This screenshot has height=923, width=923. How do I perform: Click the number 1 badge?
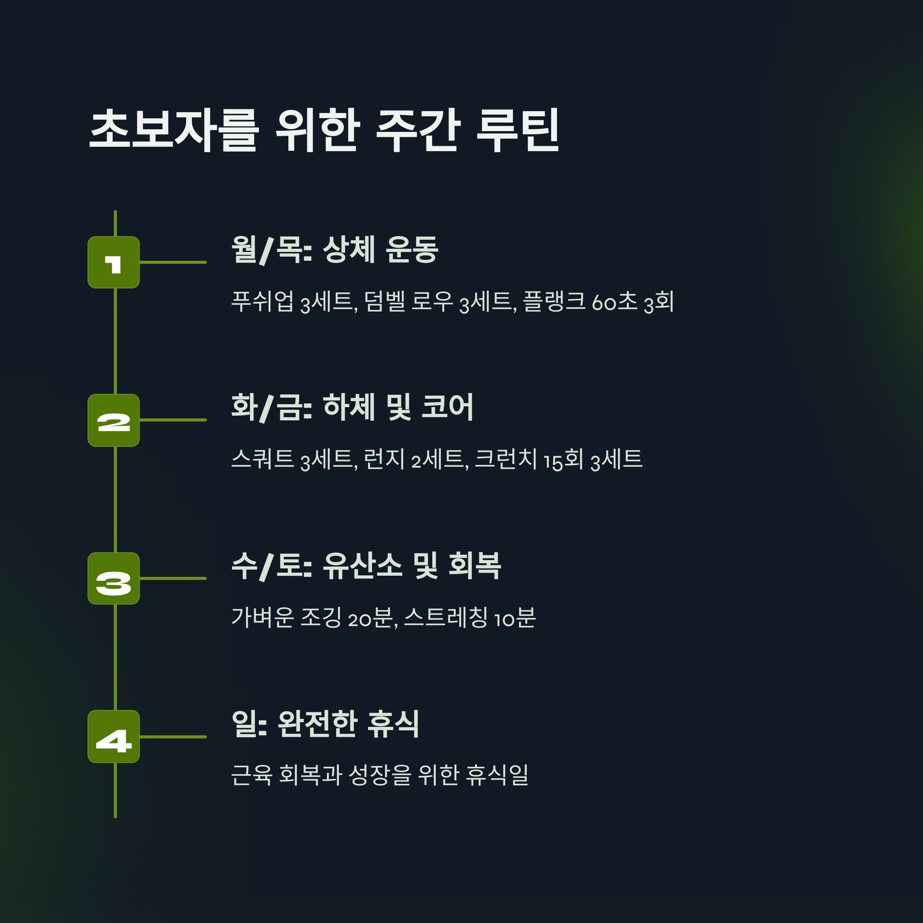[x=114, y=262]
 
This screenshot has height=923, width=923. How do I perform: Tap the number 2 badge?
[x=114, y=420]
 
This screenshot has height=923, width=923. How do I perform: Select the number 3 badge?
[x=114, y=578]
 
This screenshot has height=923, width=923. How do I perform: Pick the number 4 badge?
[x=114, y=737]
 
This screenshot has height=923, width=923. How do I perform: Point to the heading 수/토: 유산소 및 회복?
[x=366, y=566]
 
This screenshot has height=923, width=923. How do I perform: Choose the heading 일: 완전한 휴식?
[x=325, y=724]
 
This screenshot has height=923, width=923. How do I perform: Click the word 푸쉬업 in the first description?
[x=262, y=302]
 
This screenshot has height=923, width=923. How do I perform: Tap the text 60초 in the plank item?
[x=615, y=302]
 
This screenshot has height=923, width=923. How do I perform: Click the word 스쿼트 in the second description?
[x=262, y=459]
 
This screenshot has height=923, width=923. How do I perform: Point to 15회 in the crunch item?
[x=563, y=460]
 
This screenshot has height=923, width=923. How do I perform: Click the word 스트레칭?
[x=439, y=617]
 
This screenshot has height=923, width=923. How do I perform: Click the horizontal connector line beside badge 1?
[x=173, y=262]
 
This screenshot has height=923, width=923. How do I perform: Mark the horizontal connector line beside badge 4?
[x=173, y=737]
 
